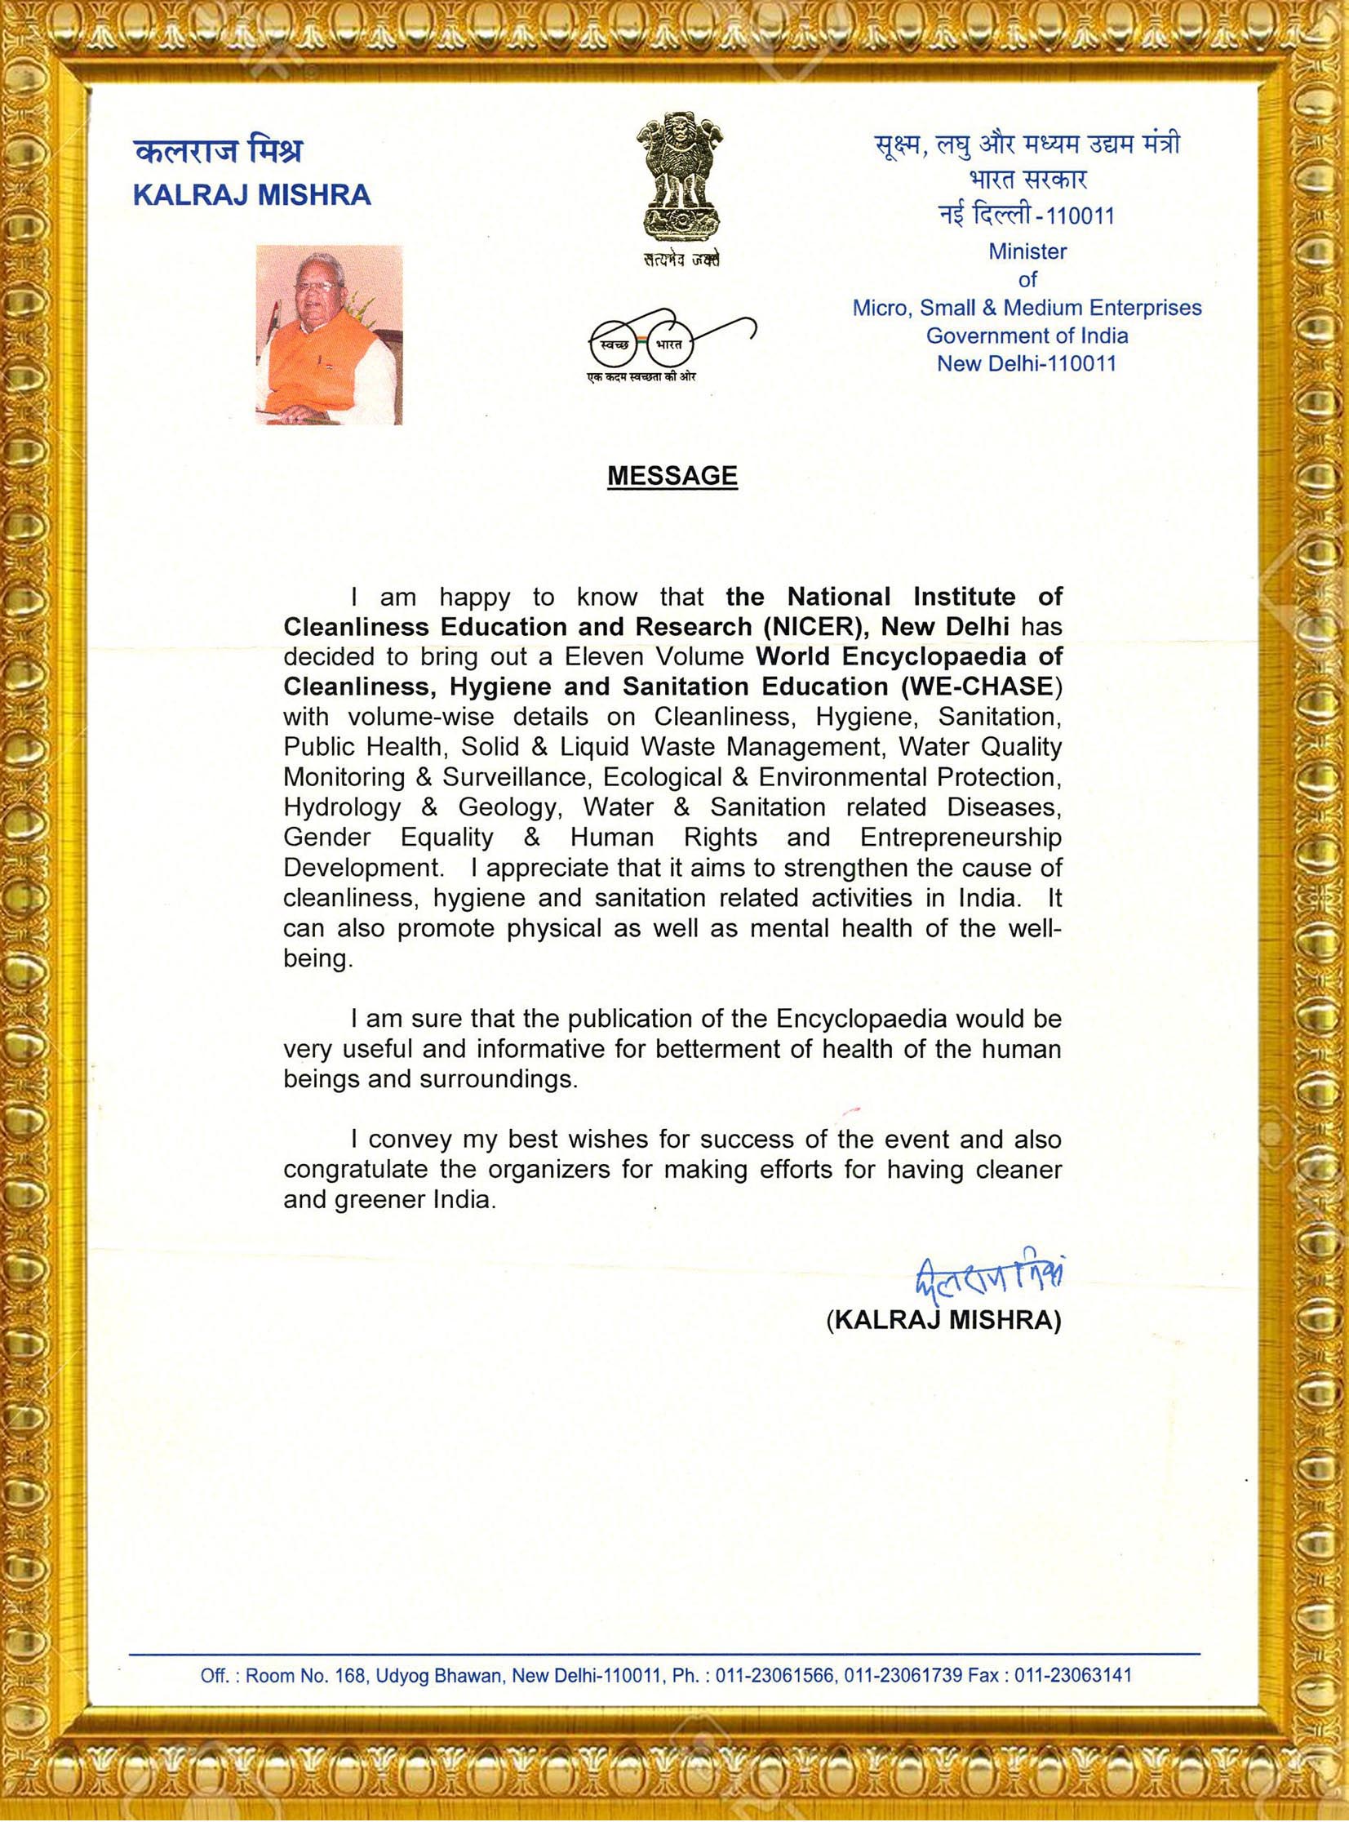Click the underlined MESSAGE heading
[x=672, y=476]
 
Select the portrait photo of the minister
[x=329, y=335]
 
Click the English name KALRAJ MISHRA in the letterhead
[x=251, y=195]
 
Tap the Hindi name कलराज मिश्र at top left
[x=218, y=152]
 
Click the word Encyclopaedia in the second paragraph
[x=861, y=1019]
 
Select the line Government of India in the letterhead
[x=1027, y=336]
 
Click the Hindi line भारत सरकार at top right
[x=1027, y=179]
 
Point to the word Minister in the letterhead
[x=1027, y=251]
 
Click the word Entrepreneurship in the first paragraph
[x=961, y=837]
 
